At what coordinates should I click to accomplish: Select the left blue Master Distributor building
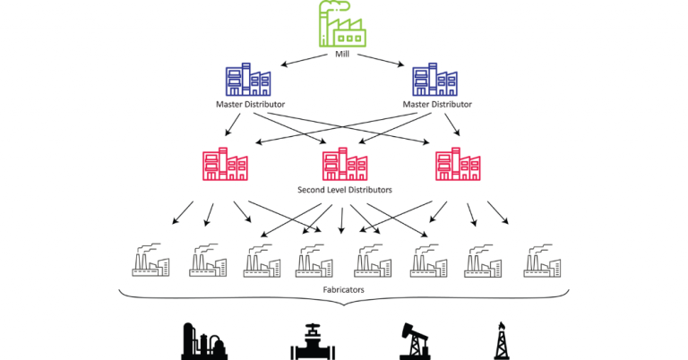coord(249,80)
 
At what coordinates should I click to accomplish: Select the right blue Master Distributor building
coord(435,80)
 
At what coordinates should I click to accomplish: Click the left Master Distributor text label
coord(250,105)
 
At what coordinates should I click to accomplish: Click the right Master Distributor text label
coord(436,105)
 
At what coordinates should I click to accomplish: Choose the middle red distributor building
coord(345,165)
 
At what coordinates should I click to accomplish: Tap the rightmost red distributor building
coord(457,165)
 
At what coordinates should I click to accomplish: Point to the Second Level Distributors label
coord(345,190)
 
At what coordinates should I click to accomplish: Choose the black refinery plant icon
coord(203,341)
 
